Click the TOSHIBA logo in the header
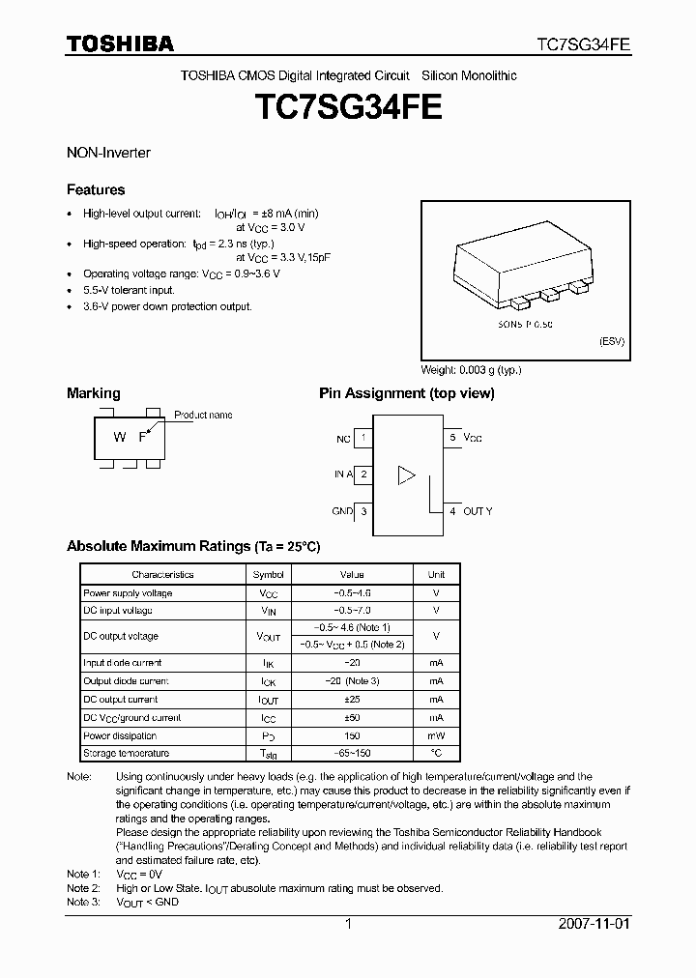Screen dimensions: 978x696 pos(120,43)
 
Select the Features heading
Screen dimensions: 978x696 pos(96,189)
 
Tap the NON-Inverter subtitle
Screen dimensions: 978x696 pos(108,153)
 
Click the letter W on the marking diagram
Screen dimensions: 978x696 pos(120,437)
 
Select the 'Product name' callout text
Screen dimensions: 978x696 pos(203,415)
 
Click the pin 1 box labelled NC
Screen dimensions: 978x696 pos(363,438)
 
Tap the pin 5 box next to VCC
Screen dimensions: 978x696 pos(451,438)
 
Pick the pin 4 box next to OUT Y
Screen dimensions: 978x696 pos(451,511)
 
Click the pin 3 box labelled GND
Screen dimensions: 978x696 pos(363,511)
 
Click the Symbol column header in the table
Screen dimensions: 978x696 pos(268,574)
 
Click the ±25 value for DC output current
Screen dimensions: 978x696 pos(352,699)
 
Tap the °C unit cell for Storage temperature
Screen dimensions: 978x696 pos(436,753)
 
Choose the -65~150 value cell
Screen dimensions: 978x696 pos(352,753)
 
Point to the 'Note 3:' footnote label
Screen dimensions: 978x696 pos(83,902)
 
